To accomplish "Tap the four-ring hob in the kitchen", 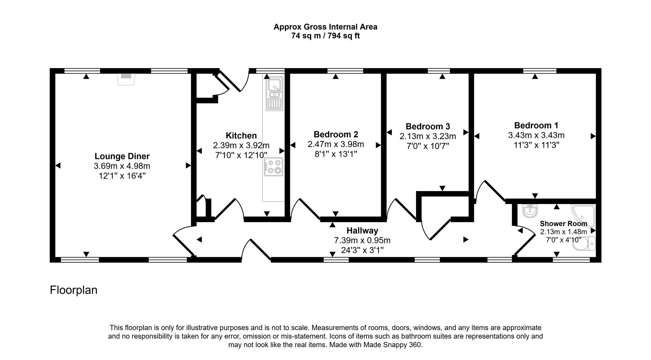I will (x=274, y=167).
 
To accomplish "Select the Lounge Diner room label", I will (x=122, y=156).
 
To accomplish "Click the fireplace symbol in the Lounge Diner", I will (x=126, y=79).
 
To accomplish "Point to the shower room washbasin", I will (x=530, y=211).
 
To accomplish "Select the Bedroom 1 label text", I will (x=536, y=125).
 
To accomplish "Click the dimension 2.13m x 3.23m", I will (x=428, y=136).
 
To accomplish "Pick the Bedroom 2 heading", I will (x=336, y=134).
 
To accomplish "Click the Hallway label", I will (x=362, y=231).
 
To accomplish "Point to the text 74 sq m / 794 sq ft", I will (x=325, y=36).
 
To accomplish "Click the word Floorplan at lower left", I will (x=74, y=290).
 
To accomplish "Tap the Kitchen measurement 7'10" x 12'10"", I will (x=241, y=155).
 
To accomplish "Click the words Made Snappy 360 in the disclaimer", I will (x=392, y=345).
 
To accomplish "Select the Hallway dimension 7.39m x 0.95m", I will (x=362, y=240).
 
